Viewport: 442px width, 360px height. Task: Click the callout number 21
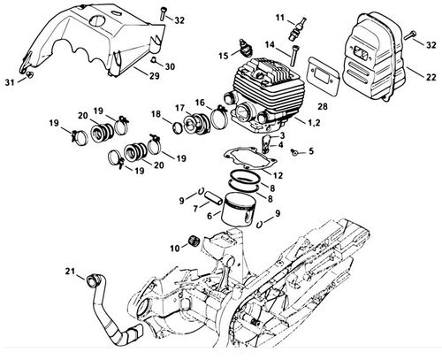pos(70,271)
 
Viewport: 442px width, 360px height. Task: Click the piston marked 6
pos(238,210)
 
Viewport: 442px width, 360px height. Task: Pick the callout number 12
pos(278,175)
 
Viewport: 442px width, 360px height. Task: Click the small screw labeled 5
pos(293,152)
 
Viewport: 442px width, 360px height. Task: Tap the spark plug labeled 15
pos(246,48)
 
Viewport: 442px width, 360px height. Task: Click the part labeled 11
pos(297,29)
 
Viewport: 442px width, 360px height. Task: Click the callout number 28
pos(323,106)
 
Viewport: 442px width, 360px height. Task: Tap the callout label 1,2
pos(314,122)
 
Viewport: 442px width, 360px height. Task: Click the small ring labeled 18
pos(179,128)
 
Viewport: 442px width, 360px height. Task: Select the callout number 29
pos(154,76)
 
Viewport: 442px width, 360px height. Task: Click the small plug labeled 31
pos(30,74)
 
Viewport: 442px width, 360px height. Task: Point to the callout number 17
pos(179,108)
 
